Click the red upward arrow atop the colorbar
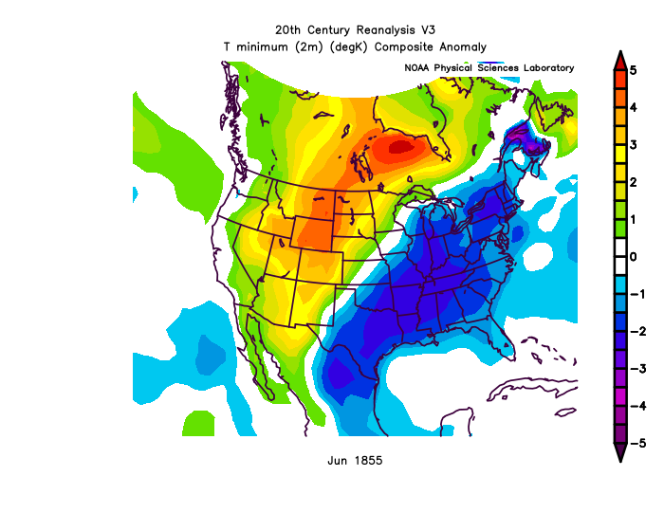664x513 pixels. (x=618, y=59)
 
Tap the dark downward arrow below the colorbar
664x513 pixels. (x=618, y=452)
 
